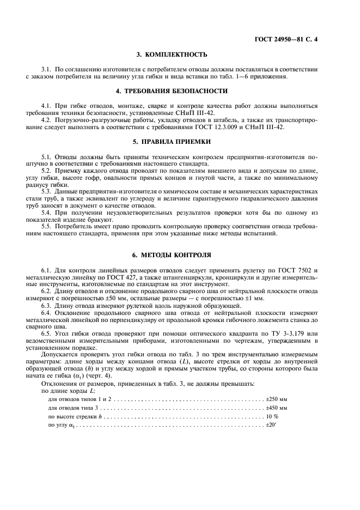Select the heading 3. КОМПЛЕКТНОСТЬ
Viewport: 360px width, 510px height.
pos(180,54)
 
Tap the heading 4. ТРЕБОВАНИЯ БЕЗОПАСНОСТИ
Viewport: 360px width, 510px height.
pos(180,90)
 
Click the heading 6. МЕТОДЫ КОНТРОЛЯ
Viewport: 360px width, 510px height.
pos(180,255)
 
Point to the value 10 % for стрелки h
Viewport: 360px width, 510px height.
pos(272,416)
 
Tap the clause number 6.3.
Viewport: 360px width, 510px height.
pos(47,306)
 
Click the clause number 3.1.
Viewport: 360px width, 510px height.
pos(47,69)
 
